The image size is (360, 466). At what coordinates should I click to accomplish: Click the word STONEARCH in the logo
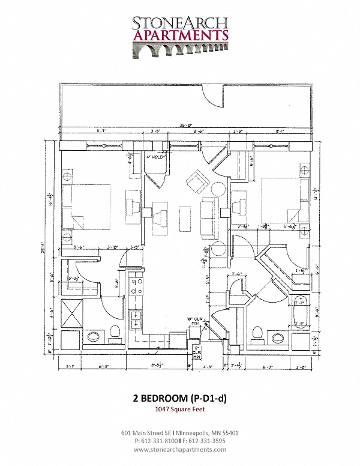[x=179, y=22]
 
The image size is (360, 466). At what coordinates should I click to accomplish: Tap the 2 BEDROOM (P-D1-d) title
[x=179, y=397]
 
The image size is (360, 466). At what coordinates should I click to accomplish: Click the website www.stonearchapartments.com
[x=179, y=449]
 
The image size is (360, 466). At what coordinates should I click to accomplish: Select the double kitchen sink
[x=136, y=319]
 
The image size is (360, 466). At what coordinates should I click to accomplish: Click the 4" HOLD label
[x=155, y=157]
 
